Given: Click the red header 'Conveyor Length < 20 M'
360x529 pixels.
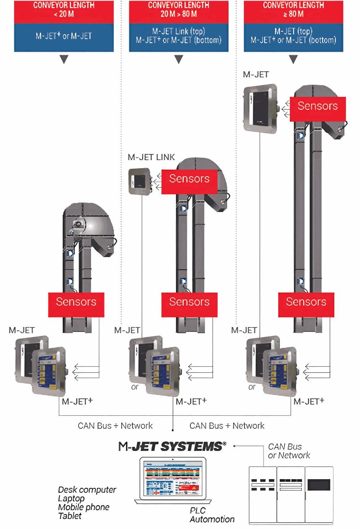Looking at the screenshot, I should pos(64,10).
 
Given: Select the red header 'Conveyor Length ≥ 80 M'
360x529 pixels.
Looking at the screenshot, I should pos(293,10).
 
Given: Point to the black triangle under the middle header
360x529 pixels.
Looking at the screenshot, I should pos(179,59).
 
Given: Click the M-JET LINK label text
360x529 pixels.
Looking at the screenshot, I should pos(151,157).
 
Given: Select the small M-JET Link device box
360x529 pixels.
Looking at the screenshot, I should pos(140,181).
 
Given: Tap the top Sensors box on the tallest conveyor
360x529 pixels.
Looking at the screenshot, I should pos(318,106).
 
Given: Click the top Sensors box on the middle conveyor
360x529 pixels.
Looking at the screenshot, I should pos(189,179).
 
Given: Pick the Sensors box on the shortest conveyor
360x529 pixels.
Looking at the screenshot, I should pos(76,302).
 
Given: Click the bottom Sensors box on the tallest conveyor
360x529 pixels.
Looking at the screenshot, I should pos(306,302).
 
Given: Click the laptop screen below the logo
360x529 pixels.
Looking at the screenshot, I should pos(173,479).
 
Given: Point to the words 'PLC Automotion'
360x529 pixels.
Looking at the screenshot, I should pos(212,515).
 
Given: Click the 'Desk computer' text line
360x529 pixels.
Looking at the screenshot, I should pos(87,490).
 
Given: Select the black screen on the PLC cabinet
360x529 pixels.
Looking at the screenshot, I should pos(319,485).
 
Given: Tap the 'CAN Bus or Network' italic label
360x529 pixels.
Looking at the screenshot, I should pos(289,451).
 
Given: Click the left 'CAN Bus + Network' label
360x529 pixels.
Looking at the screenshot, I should pos(115,426).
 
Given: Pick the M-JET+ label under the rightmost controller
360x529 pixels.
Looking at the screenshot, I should pos(309,402).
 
